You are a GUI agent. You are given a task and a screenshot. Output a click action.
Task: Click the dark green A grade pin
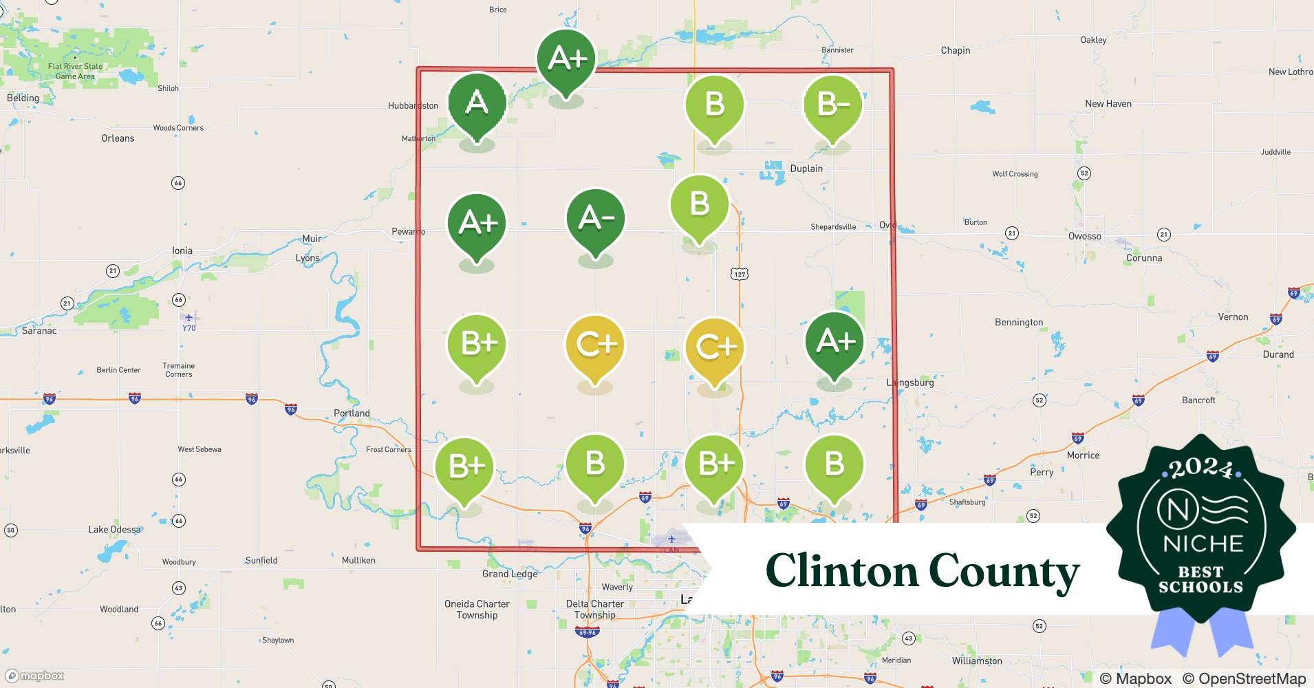tap(477, 104)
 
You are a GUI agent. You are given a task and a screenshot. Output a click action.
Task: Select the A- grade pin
tap(596, 219)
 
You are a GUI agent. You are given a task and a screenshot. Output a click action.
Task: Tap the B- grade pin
tap(832, 105)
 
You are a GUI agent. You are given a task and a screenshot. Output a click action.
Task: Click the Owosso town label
tap(1085, 236)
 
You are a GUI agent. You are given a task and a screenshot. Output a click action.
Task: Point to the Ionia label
tap(182, 250)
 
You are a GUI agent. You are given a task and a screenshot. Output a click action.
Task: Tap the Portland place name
tap(352, 413)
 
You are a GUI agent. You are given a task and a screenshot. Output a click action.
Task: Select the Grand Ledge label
tap(510, 574)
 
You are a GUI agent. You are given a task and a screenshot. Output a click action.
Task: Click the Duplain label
tap(806, 169)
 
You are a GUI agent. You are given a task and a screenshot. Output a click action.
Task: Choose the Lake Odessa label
tap(114, 529)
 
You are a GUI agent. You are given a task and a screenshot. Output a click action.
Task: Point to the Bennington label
tap(1019, 322)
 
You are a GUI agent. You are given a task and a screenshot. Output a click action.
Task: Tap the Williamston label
tap(977, 660)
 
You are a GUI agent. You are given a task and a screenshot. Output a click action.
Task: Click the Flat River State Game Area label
tap(75, 72)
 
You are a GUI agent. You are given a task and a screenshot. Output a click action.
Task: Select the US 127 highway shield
tap(740, 274)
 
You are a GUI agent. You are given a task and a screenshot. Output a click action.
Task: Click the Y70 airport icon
tap(189, 318)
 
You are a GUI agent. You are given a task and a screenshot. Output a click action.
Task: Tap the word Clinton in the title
tap(841, 571)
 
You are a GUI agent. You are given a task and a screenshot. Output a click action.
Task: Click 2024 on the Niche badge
tap(1201, 469)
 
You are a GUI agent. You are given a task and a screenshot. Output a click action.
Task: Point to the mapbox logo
tap(34, 676)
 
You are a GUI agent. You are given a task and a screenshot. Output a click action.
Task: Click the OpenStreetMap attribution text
tap(1244, 678)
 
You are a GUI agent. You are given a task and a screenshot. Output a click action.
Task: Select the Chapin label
tap(956, 50)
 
